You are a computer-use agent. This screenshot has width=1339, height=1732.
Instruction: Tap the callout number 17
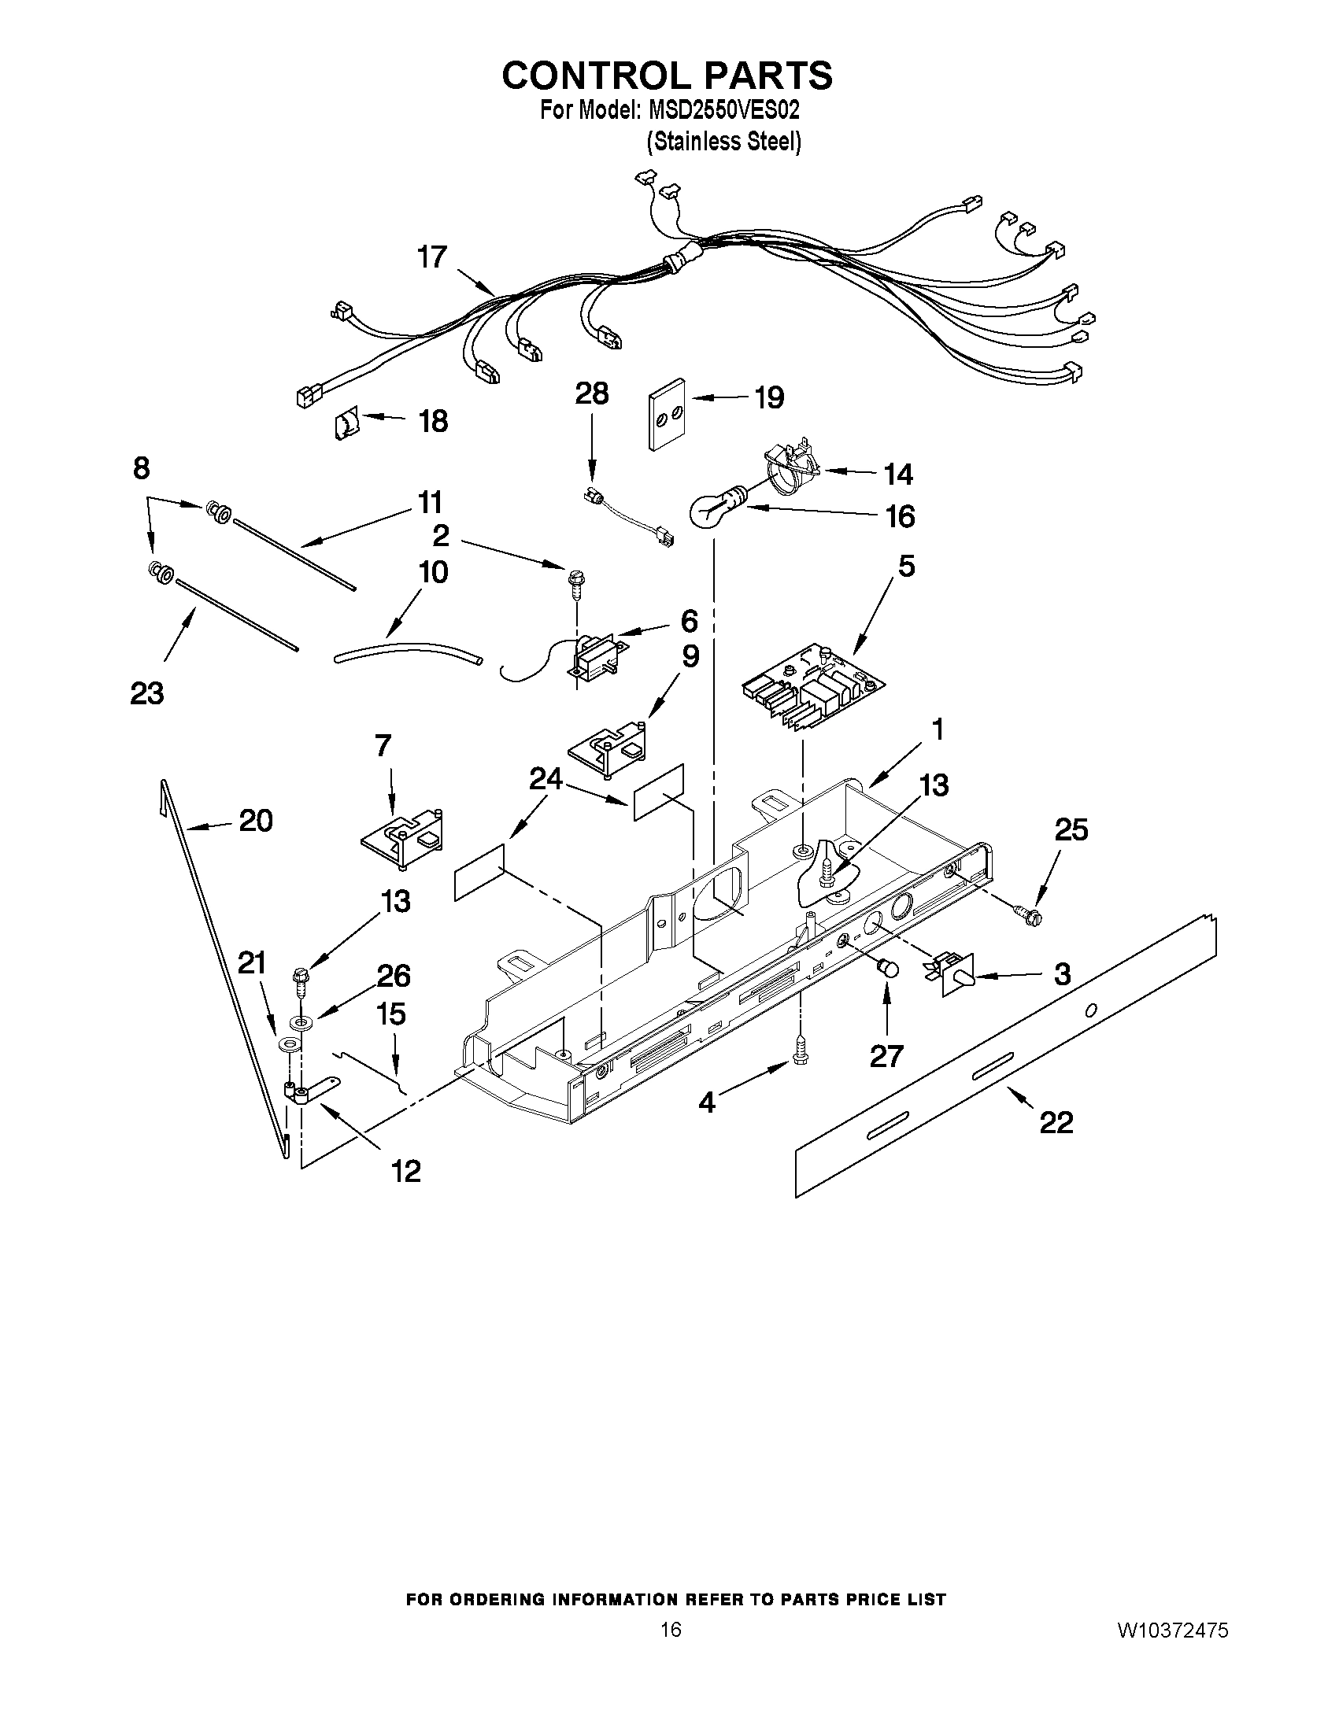tap(432, 258)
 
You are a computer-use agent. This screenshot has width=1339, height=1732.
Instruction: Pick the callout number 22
tap(1056, 1121)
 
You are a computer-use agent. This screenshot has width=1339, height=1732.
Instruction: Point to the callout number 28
tap(592, 394)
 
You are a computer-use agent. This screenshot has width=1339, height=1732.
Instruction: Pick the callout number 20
tap(255, 821)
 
